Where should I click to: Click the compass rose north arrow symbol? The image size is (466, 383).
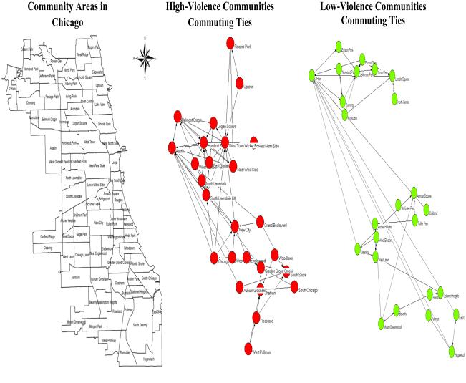[x=146, y=53]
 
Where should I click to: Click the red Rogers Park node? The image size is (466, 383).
[x=230, y=44]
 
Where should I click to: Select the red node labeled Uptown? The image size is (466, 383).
[x=240, y=84]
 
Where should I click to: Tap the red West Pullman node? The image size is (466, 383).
[x=247, y=350]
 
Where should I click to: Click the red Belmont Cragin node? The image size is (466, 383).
[x=177, y=117]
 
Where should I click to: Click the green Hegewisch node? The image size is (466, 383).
[x=450, y=352]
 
